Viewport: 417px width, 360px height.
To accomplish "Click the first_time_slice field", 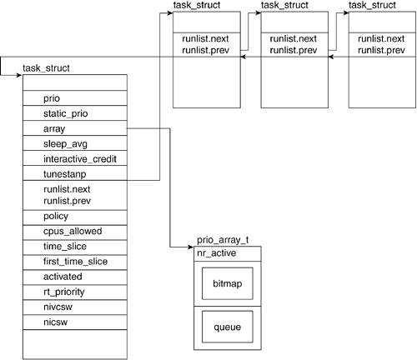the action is click(75, 262).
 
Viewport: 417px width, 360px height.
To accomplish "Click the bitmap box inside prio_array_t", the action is click(228, 283).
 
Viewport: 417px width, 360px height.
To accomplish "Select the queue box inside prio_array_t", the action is click(228, 327).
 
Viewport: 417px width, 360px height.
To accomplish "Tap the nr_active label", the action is click(217, 253).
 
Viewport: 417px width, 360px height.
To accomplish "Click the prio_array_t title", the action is click(223, 240).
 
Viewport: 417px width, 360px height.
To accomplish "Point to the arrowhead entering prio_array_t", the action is click(191, 247).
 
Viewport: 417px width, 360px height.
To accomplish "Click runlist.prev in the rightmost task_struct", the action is click(381, 50).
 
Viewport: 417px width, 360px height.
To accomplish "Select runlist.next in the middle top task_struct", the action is click(293, 38).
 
